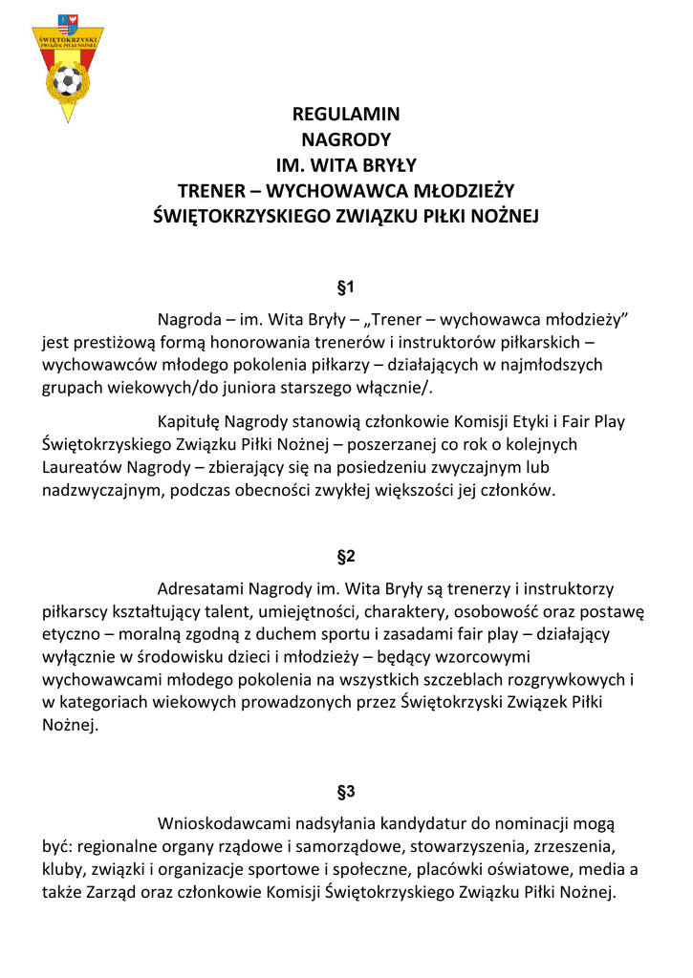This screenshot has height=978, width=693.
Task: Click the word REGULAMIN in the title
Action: [x=346, y=115]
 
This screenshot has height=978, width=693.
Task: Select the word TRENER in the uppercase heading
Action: [x=218, y=191]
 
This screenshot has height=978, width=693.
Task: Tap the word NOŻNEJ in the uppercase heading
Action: [x=499, y=217]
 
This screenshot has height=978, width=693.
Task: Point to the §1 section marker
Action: [x=346, y=287]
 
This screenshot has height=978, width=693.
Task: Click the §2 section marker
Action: [x=346, y=557]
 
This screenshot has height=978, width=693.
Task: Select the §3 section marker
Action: [x=346, y=792]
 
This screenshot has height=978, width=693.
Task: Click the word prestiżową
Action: [x=104, y=341]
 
